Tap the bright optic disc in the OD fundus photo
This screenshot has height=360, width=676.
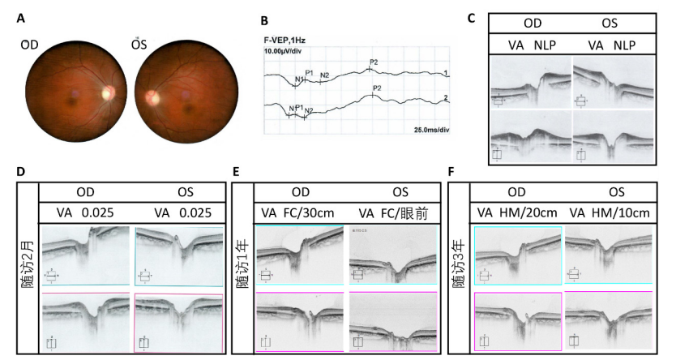(x=105, y=93)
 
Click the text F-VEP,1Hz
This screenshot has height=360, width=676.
(x=285, y=39)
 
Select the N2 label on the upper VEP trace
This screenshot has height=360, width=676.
(x=324, y=75)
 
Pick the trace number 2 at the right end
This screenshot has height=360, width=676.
(x=445, y=99)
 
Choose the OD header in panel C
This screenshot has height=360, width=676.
(x=531, y=23)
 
